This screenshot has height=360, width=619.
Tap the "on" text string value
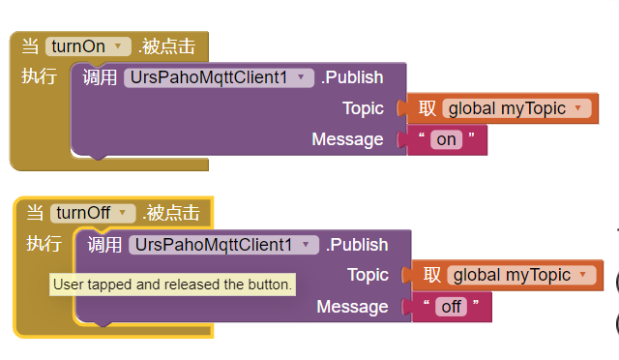(x=446, y=139)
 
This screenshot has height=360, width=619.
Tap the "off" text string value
(x=451, y=307)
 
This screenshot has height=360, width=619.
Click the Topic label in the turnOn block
(x=363, y=108)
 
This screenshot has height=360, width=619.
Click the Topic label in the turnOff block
(x=368, y=276)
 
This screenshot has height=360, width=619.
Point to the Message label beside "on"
(x=347, y=139)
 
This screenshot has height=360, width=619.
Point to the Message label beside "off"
(x=352, y=307)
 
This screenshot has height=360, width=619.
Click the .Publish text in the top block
(x=352, y=77)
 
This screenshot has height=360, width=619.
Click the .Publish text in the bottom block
(x=357, y=245)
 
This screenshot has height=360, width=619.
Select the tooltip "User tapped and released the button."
(x=172, y=285)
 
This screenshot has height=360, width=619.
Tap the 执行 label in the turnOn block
(x=39, y=76)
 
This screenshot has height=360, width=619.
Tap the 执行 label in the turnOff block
(x=44, y=244)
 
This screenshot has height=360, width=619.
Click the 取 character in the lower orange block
(x=431, y=276)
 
